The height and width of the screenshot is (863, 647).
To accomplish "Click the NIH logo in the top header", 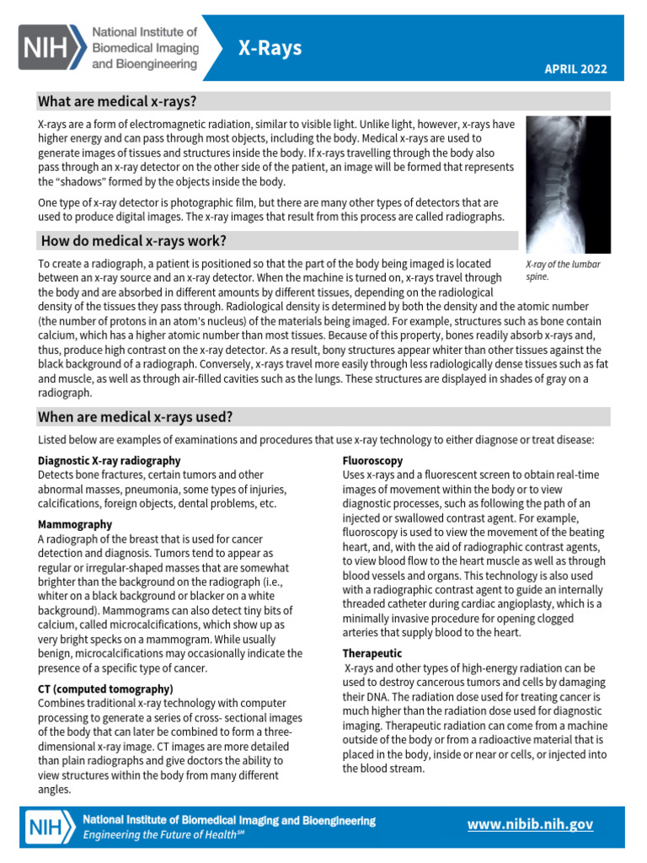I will click(x=51, y=46).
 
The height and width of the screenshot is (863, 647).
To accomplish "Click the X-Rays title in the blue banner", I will click(x=270, y=49).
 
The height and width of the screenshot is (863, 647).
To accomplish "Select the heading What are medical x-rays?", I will click(x=117, y=102).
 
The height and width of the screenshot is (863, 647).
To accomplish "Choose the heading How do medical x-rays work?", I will click(x=133, y=241).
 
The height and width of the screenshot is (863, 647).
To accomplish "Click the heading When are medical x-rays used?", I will click(x=136, y=417).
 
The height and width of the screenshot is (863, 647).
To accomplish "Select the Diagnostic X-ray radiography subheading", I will click(x=110, y=461).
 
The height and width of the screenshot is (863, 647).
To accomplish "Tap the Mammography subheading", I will click(x=75, y=524).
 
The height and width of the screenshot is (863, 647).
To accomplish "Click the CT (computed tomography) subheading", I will click(x=105, y=689).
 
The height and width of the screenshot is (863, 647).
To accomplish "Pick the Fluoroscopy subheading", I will click(x=372, y=461).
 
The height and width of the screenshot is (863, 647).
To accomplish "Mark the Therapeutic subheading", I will click(x=372, y=653).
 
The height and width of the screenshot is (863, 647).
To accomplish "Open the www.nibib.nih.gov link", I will click(x=531, y=825).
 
